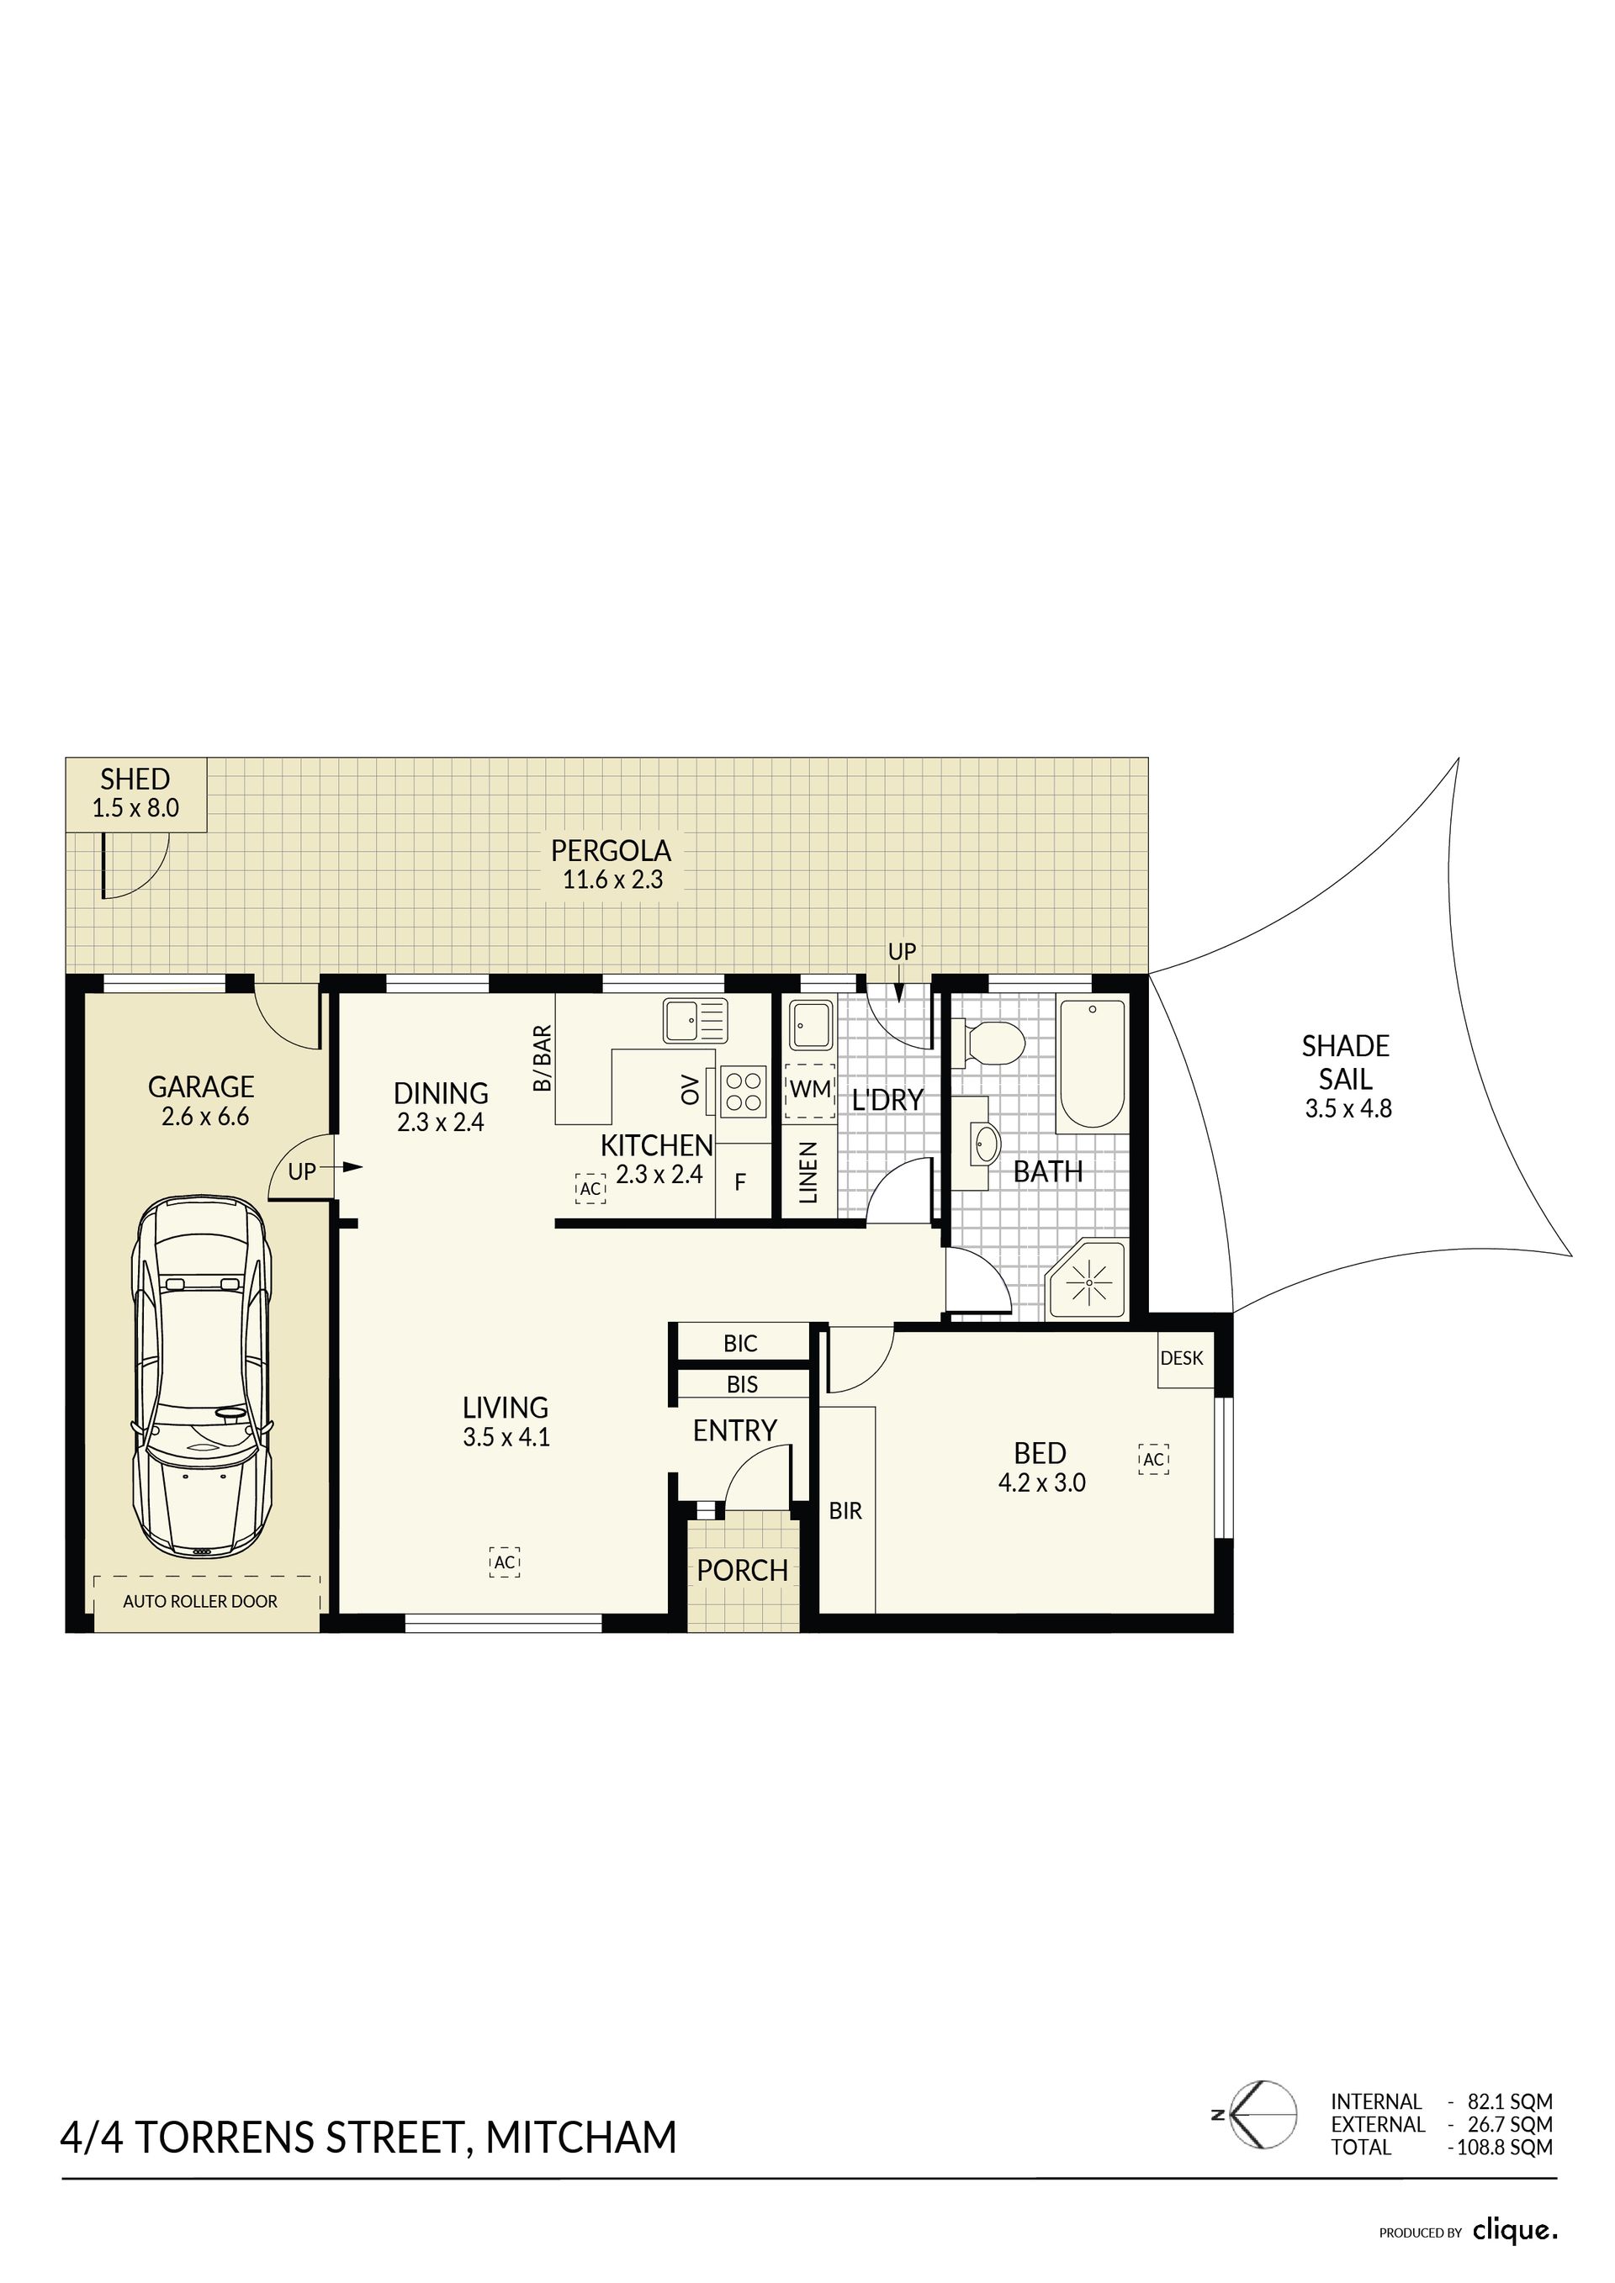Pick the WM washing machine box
(809, 1090)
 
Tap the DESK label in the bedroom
(1182, 1357)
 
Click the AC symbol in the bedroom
(1153, 1459)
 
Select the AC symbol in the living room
(506, 1562)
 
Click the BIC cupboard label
(740, 1344)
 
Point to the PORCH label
(742, 1570)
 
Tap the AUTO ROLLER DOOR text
(200, 1601)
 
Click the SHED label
(135, 779)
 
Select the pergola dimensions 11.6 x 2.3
(612, 879)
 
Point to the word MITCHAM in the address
(582, 2136)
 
